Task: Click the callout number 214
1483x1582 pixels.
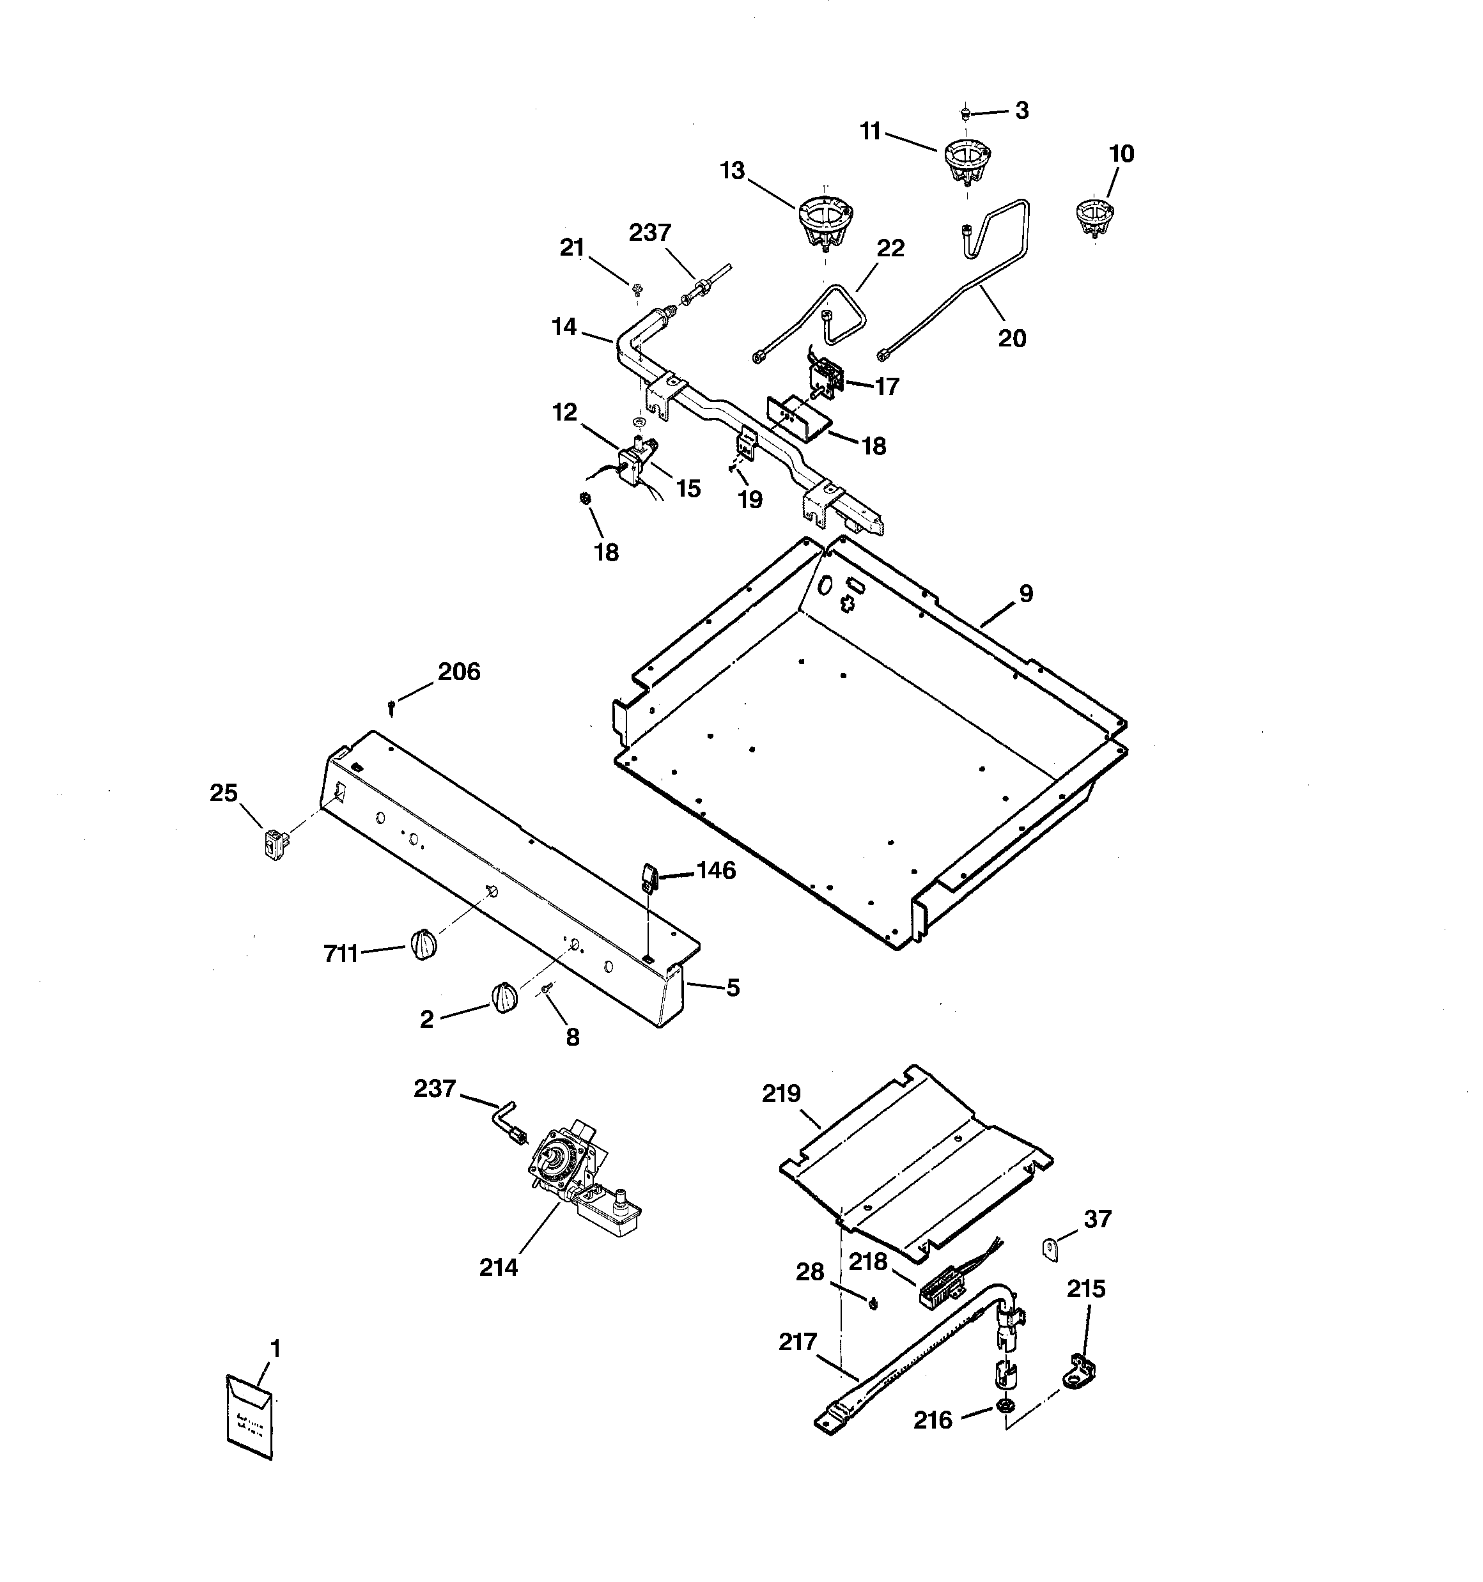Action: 499,1268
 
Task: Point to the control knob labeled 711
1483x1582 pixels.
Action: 424,945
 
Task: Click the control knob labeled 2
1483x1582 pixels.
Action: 503,998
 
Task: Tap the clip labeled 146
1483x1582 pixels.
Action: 646,878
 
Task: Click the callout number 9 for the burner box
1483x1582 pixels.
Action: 1026,594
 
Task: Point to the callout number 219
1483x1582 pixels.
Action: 781,1094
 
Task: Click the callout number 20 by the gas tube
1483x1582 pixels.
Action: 1012,339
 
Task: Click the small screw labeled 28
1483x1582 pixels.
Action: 873,1303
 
